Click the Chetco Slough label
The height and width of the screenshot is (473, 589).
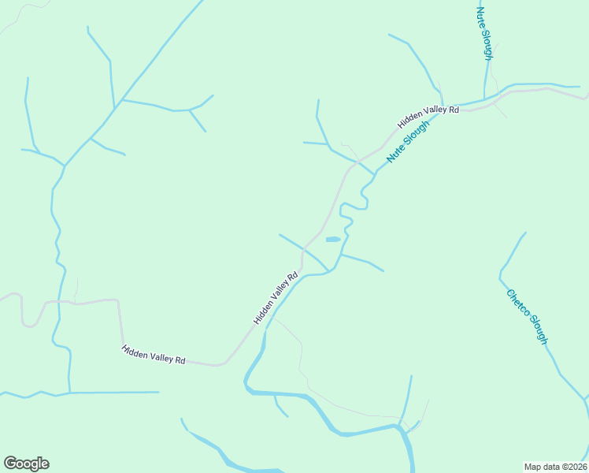(527, 317)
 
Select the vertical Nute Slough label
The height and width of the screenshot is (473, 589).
(485, 32)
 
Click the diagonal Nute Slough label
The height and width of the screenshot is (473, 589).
(409, 142)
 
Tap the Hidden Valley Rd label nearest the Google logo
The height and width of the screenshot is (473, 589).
(154, 354)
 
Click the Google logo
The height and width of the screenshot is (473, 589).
(26, 464)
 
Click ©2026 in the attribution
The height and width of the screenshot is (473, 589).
(572, 467)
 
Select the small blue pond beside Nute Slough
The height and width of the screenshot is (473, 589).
(333, 239)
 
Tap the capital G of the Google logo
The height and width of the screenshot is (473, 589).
(10, 464)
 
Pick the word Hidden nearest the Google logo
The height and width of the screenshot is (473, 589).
(134, 350)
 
